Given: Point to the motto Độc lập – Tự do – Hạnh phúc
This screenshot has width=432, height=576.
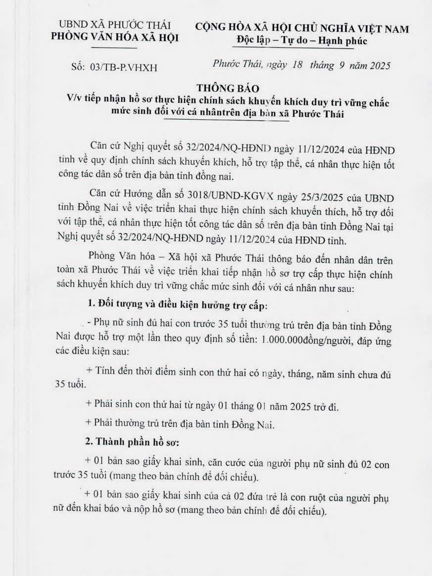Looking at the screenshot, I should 301,41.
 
